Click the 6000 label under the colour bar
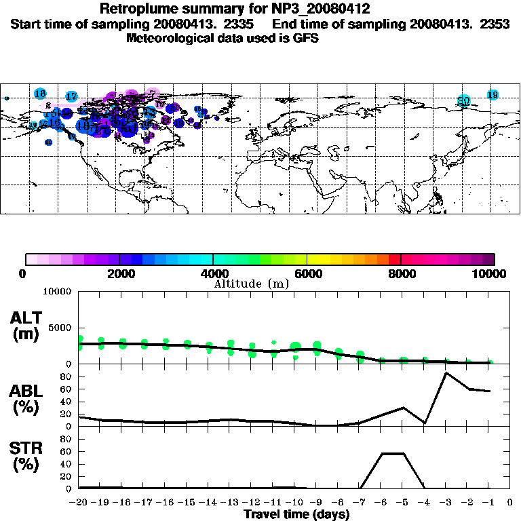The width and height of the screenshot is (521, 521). pos(308,273)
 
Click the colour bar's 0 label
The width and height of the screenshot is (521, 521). pos(24,273)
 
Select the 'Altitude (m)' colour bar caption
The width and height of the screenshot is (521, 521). pos(252,284)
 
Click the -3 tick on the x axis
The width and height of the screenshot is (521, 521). pos(446,503)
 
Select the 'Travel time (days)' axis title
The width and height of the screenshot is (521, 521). pos(296,515)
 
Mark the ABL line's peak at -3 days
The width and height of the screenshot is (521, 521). pos(446,372)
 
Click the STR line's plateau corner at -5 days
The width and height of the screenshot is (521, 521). pos(403,453)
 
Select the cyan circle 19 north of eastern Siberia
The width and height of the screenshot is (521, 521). pos(493,95)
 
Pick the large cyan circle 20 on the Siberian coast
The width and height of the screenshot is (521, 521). pos(464,101)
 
